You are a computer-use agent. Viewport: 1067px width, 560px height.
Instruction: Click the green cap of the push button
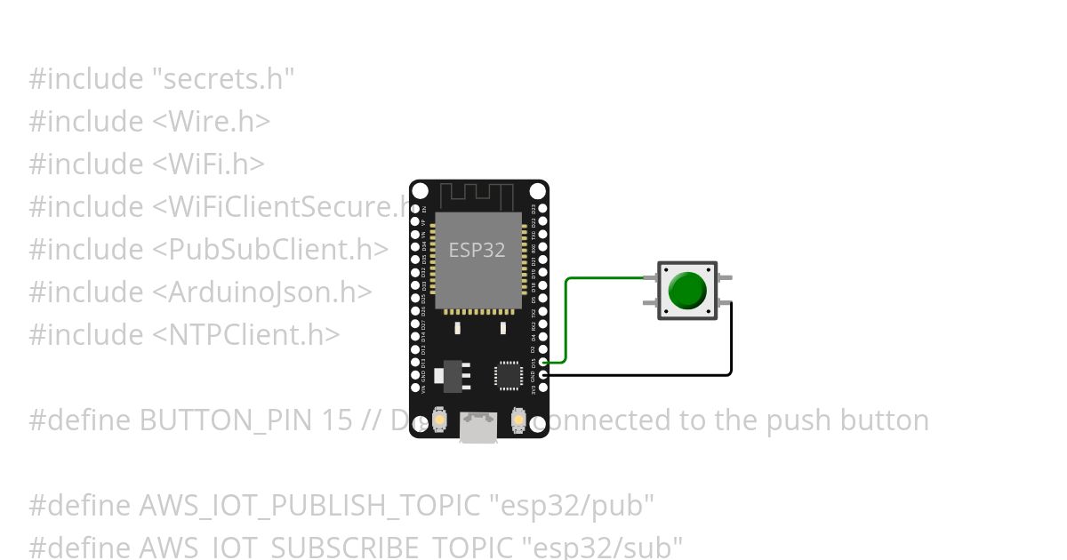click(686, 291)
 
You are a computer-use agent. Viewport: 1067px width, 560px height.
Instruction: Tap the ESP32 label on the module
click(477, 251)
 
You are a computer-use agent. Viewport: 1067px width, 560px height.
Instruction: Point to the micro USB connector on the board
click(478, 427)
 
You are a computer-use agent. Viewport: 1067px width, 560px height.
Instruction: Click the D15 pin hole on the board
click(543, 363)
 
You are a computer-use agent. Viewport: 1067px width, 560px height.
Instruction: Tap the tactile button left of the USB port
click(439, 419)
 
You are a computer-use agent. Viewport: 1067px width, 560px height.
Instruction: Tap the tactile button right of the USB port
click(518, 419)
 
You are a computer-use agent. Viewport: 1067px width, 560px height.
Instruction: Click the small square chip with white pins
click(508, 373)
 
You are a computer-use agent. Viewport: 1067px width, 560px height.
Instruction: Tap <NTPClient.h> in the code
click(245, 335)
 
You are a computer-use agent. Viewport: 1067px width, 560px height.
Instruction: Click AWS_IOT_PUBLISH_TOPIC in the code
click(310, 506)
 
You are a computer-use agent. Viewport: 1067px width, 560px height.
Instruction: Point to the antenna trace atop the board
click(478, 194)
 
